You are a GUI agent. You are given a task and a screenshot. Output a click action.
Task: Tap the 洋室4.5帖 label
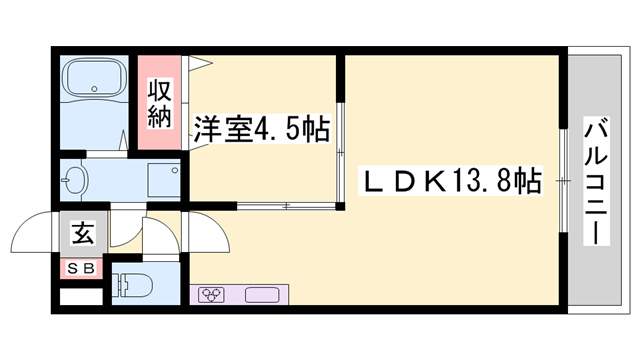click(259, 130)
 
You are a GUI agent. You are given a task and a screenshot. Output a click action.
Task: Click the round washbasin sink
click(75, 182)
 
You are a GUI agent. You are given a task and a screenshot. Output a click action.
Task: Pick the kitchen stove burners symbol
click(212, 295)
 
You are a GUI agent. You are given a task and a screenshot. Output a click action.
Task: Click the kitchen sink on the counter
click(262, 295)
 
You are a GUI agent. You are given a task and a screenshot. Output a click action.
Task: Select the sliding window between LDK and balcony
click(562, 181)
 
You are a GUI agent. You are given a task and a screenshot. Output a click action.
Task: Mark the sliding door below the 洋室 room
click(285, 207)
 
